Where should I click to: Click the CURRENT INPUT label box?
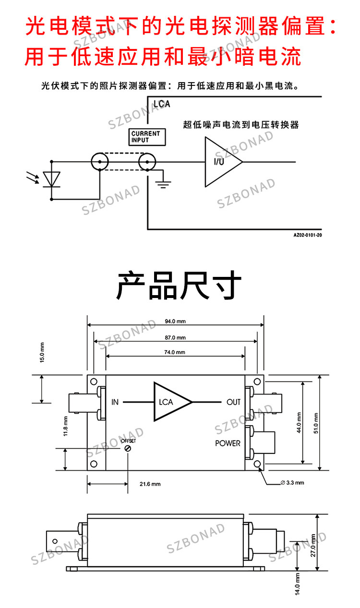click(147, 137)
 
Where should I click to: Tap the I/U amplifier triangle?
click(220, 162)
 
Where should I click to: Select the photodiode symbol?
click(51, 179)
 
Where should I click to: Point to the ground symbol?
click(163, 184)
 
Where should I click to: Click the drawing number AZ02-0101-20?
click(308, 235)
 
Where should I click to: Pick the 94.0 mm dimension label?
click(175, 322)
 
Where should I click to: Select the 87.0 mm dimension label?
click(175, 338)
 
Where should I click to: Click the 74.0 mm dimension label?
click(175, 352)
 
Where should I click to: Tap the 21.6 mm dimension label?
click(150, 484)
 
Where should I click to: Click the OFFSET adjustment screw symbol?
click(128, 448)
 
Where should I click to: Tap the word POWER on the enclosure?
click(228, 443)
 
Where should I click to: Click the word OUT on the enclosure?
click(233, 402)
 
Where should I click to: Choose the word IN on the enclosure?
click(115, 402)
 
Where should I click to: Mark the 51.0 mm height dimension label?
click(316, 423)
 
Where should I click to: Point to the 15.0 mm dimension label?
click(42, 353)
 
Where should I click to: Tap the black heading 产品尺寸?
click(179, 285)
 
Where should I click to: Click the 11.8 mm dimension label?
click(65, 426)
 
